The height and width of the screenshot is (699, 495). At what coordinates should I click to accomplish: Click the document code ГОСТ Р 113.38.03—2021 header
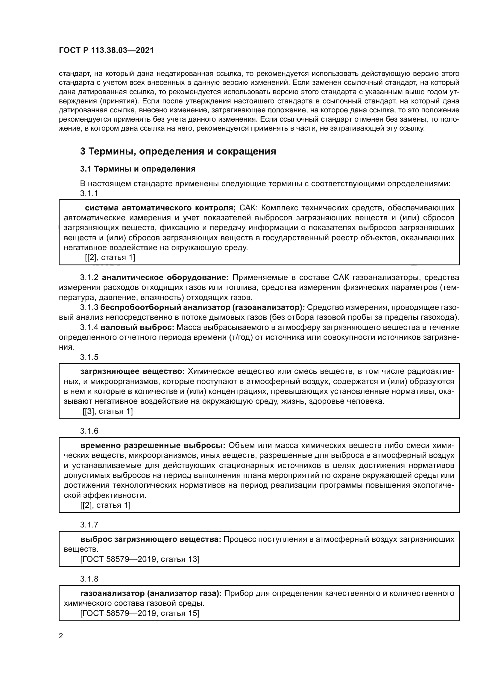(x=106, y=51)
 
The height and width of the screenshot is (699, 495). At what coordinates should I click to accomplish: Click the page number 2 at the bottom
(x=61, y=636)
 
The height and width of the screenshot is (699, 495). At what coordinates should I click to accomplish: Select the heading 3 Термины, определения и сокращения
(x=178, y=151)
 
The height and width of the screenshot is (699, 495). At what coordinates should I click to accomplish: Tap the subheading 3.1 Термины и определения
(x=138, y=169)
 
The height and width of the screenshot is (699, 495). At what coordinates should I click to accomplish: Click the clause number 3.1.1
(x=89, y=193)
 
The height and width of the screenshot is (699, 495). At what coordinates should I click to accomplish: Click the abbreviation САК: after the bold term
(x=249, y=208)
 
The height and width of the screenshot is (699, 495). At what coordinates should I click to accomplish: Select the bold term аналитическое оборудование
(x=165, y=277)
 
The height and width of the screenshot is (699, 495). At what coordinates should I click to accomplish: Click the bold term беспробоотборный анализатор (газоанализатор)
(x=202, y=308)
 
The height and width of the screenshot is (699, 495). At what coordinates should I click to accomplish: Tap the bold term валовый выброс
(x=137, y=327)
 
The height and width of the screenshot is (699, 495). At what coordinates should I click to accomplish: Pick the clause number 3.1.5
(x=89, y=357)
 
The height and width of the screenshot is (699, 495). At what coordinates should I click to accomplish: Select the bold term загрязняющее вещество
(x=132, y=371)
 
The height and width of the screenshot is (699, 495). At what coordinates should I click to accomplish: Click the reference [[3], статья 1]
(x=108, y=411)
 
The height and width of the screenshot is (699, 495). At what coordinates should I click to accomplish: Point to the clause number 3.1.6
(x=89, y=431)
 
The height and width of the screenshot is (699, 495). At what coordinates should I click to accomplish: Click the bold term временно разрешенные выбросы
(x=153, y=445)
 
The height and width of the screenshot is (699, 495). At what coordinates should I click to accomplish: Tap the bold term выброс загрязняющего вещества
(x=151, y=539)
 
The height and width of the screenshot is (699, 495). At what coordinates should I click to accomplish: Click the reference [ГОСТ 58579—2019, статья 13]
(x=139, y=559)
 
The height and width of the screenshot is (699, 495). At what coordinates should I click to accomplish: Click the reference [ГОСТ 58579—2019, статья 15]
(x=139, y=613)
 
